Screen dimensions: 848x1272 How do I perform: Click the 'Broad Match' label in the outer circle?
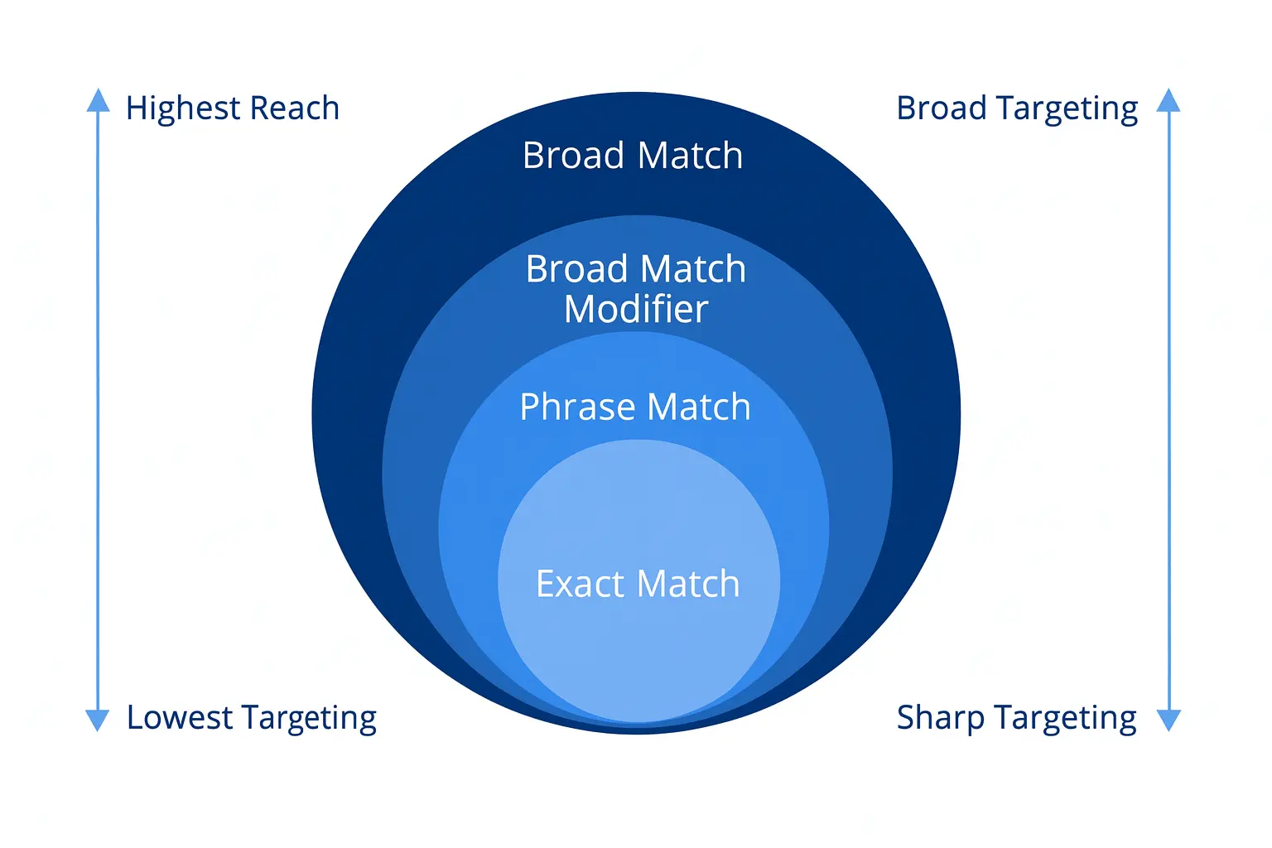[633, 156]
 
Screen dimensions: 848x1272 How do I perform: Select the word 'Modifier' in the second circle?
[636, 310]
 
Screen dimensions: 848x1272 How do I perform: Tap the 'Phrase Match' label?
[635, 407]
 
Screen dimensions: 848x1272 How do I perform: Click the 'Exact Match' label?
[638, 584]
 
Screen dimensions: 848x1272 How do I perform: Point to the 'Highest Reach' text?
[233, 108]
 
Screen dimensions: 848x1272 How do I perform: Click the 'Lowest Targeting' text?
[252, 718]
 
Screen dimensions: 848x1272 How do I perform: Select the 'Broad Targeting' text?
[1017, 108]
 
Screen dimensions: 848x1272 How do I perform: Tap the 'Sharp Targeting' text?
[1017, 718]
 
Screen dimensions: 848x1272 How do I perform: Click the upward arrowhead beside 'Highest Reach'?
[98, 100]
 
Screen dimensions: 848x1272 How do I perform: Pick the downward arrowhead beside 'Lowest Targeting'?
[98, 720]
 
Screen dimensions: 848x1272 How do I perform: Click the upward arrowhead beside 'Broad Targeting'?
[1168, 100]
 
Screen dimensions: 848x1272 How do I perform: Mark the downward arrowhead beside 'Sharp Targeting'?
[1168, 720]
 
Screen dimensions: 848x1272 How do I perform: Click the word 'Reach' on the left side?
[295, 108]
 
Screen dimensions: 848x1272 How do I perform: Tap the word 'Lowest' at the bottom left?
[180, 718]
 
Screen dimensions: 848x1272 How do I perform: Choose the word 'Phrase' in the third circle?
[578, 407]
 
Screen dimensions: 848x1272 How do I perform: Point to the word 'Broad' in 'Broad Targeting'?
[942, 108]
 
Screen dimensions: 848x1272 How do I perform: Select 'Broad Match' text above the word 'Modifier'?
[636, 269]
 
